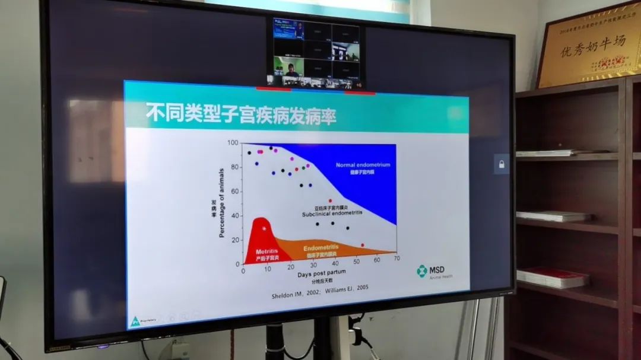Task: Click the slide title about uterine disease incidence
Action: (240, 115)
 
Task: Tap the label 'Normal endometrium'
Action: (363, 165)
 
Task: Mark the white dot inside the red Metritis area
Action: (264, 228)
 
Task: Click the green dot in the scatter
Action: (303, 168)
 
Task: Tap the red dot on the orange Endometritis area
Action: (363, 245)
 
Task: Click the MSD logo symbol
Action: (421, 271)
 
